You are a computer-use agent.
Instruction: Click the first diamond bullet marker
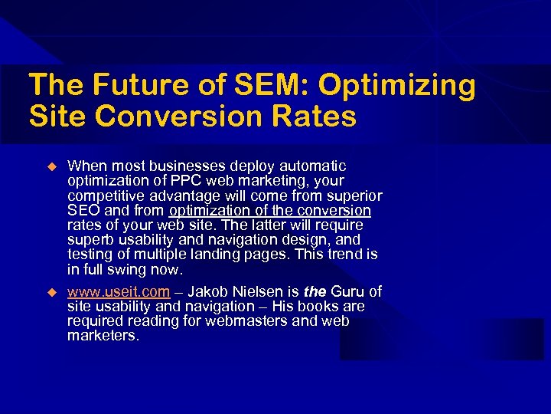pyautogui.click(x=52, y=166)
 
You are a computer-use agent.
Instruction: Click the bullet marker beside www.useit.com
pyautogui.click(x=52, y=292)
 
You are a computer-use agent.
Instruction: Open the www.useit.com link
pyautogui.click(x=119, y=292)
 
